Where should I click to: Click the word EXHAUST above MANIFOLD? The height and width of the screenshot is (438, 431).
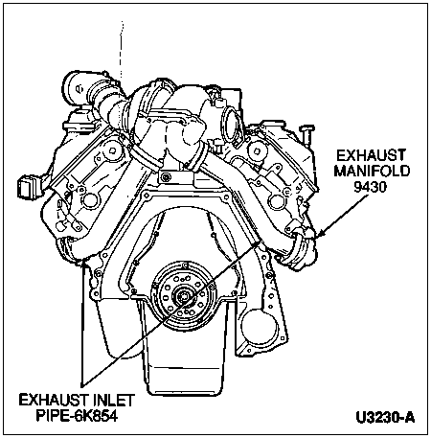point(372,156)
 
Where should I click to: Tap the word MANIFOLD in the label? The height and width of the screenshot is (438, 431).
point(372,171)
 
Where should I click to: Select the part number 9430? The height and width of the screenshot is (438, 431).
point(370,187)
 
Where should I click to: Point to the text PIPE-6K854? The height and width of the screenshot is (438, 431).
point(77,416)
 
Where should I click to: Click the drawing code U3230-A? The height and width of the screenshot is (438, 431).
point(385,418)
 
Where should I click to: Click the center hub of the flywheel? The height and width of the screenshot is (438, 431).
point(183,296)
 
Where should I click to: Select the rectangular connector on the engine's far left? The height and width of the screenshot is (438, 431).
point(27,186)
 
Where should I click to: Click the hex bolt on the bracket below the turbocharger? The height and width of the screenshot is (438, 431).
point(166,177)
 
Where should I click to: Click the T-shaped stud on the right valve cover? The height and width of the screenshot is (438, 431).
point(306,134)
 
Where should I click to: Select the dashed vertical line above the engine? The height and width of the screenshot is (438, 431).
point(122,51)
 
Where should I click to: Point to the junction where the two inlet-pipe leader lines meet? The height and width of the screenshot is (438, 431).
point(83,385)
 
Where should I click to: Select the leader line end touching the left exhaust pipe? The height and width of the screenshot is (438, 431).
point(83,261)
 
